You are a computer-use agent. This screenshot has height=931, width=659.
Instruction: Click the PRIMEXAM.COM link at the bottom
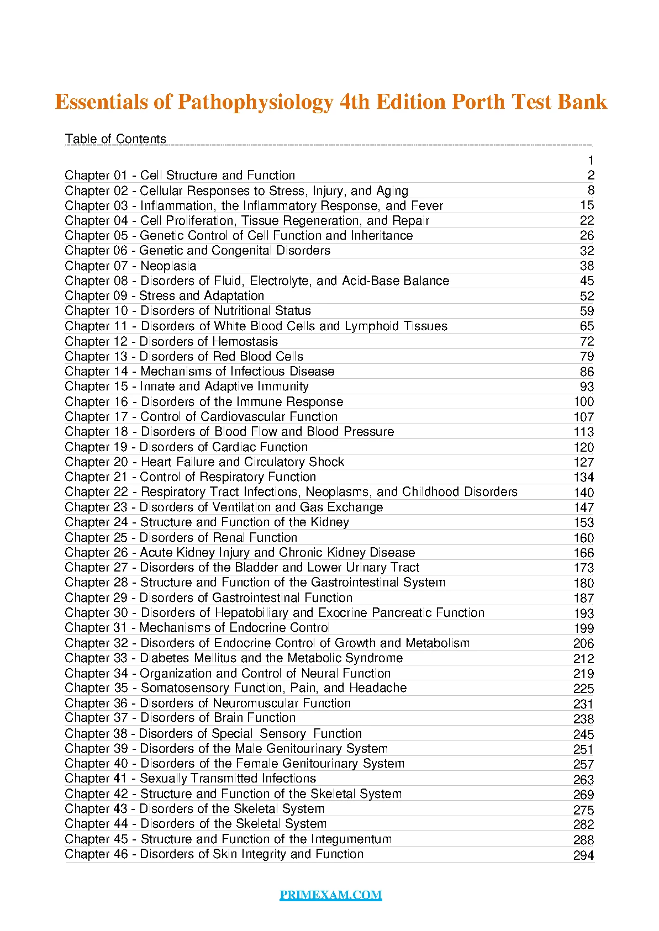pyautogui.click(x=330, y=895)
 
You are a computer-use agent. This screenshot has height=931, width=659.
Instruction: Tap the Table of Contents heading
pyautogui.click(x=115, y=139)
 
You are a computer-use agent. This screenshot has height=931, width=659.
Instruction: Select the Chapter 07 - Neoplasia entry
pyautogui.click(x=130, y=266)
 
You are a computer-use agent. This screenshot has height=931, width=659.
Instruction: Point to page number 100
pyautogui.click(x=583, y=402)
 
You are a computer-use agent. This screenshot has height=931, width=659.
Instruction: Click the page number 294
pyautogui.click(x=583, y=855)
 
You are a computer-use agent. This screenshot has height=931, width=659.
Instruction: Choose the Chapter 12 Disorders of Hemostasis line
pyautogui.click(x=171, y=341)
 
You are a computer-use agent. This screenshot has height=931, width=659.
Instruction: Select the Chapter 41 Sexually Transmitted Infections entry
pyautogui.click(x=190, y=779)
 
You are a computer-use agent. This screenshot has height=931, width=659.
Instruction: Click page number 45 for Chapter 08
pyautogui.click(x=587, y=281)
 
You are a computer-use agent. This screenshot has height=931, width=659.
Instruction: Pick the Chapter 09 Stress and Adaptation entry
pyautogui.click(x=164, y=296)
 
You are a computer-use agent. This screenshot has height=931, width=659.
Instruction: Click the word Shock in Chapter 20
pyautogui.click(x=327, y=462)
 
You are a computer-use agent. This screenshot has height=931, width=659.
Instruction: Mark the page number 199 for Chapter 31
pyautogui.click(x=583, y=628)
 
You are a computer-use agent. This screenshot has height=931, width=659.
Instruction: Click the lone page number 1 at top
pyautogui.click(x=591, y=161)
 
